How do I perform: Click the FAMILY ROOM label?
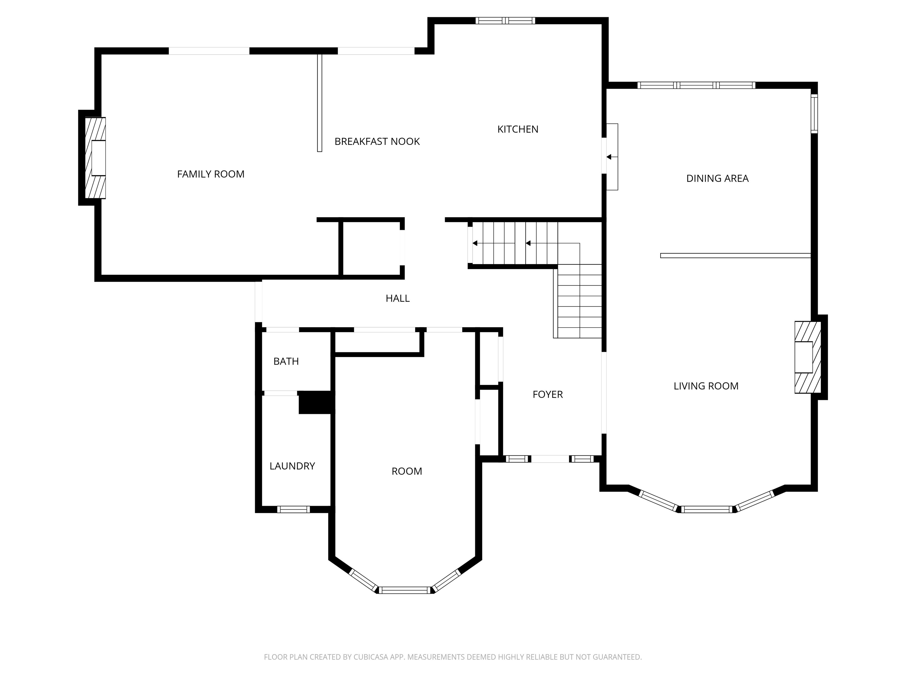click(x=211, y=174)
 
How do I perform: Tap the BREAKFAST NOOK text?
click(x=377, y=141)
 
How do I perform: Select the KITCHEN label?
click(x=518, y=129)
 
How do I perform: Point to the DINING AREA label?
click(x=717, y=178)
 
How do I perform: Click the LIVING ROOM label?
click(x=706, y=386)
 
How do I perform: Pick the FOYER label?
click(x=548, y=394)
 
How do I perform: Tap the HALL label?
click(x=397, y=298)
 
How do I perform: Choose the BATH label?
click(x=286, y=361)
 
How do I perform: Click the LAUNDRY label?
click(x=292, y=466)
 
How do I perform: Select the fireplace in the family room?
click(x=95, y=158)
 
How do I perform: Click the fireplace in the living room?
click(x=808, y=357)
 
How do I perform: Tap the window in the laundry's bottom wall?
click(x=293, y=509)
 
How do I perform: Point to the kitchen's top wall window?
click(x=505, y=20)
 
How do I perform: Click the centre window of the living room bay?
click(x=707, y=509)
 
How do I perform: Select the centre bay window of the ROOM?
click(x=405, y=590)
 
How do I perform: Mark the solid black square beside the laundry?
click(x=316, y=403)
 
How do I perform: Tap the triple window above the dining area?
click(x=696, y=85)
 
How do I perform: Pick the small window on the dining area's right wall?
click(x=814, y=114)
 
